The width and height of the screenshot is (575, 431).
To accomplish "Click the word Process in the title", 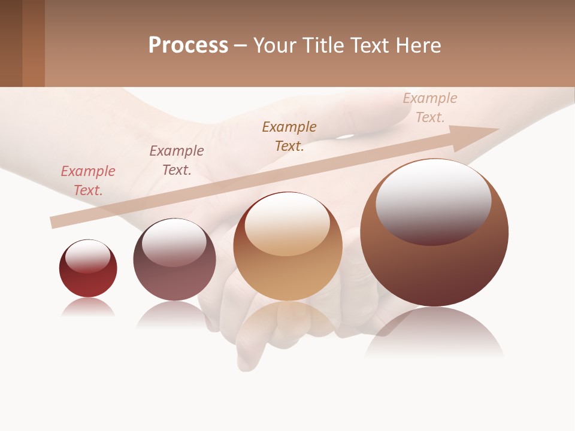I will point(188,45).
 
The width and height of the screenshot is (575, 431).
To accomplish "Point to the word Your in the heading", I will point(275,45).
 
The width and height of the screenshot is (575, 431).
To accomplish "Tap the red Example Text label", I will point(88,181).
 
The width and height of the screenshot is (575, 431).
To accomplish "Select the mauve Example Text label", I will point(177,160).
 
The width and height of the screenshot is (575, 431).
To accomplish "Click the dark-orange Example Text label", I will point(289,136).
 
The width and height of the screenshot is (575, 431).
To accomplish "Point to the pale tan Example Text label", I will point(430,108).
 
